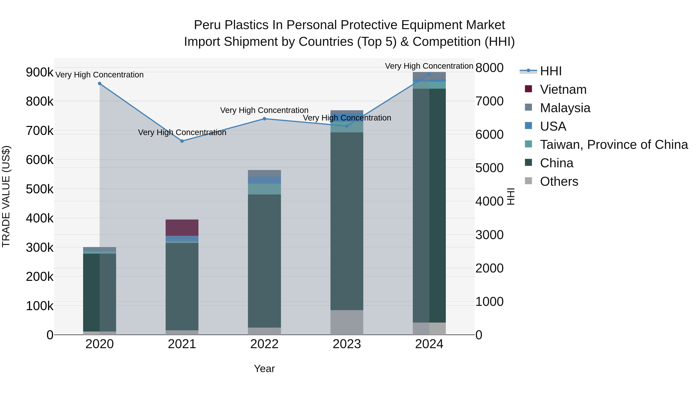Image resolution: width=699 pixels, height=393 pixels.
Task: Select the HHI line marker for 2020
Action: pyautogui.click(x=100, y=83)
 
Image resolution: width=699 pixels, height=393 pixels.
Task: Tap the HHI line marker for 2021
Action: pyautogui.click(x=182, y=141)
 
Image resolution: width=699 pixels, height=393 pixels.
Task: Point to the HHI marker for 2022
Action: pyautogui.click(x=265, y=119)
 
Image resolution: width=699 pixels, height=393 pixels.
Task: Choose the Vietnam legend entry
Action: pyautogui.click(x=563, y=89)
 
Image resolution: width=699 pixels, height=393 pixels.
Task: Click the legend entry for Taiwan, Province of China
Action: pyautogui.click(x=614, y=145)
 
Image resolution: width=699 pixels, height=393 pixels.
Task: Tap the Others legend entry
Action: pyautogui.click(x=559, y=181)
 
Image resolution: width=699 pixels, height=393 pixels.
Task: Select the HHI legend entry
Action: pyautogui.click(x=551, y=71)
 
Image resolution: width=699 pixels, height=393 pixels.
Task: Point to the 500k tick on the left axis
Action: pyautogui.click(x=40, y=189)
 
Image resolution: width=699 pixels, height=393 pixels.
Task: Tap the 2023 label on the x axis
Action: pyautogui.click(x=347, y=344)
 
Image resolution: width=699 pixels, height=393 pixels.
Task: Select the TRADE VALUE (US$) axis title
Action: pyautogui.click(x=6, y=196)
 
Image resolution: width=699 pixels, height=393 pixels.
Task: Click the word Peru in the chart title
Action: pyautogui.click(x=208, y=25)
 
